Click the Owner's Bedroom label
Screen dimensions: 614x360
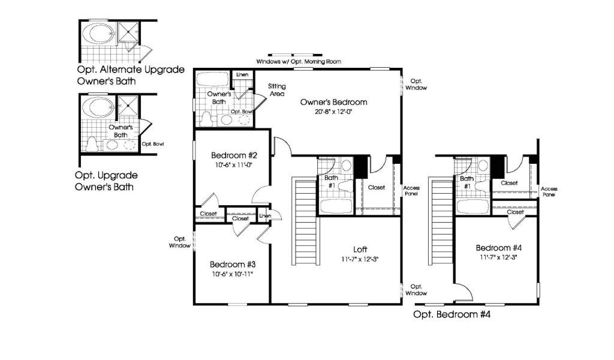tap(333, 102)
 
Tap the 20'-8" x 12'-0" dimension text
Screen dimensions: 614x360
tap(333, 112)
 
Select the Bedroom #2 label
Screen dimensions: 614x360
tap(234, 155)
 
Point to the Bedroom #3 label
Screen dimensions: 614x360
tap(233, 265)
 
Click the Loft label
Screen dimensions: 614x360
tap(360, 249)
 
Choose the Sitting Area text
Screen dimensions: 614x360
tap(277, 90)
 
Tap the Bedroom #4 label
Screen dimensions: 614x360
tap(498, 248)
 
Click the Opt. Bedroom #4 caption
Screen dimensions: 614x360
tap(452, 314)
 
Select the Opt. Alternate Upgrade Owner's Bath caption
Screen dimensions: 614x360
tap(130, 75)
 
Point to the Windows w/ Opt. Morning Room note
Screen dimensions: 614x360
tap(299, 62)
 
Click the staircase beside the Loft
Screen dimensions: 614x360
tap(305, 221)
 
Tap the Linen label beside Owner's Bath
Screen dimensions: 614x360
tap(242, 74)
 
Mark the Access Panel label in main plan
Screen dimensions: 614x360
tap(411, 191)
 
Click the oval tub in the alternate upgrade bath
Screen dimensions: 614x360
tap(101, 33)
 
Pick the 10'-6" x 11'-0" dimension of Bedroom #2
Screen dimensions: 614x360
tap(233, 166)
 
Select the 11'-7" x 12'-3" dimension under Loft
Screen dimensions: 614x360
tap(360, 259)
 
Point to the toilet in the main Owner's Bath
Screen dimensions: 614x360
tap(206, 119)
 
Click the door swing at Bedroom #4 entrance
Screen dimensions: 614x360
tap(466, 290)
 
